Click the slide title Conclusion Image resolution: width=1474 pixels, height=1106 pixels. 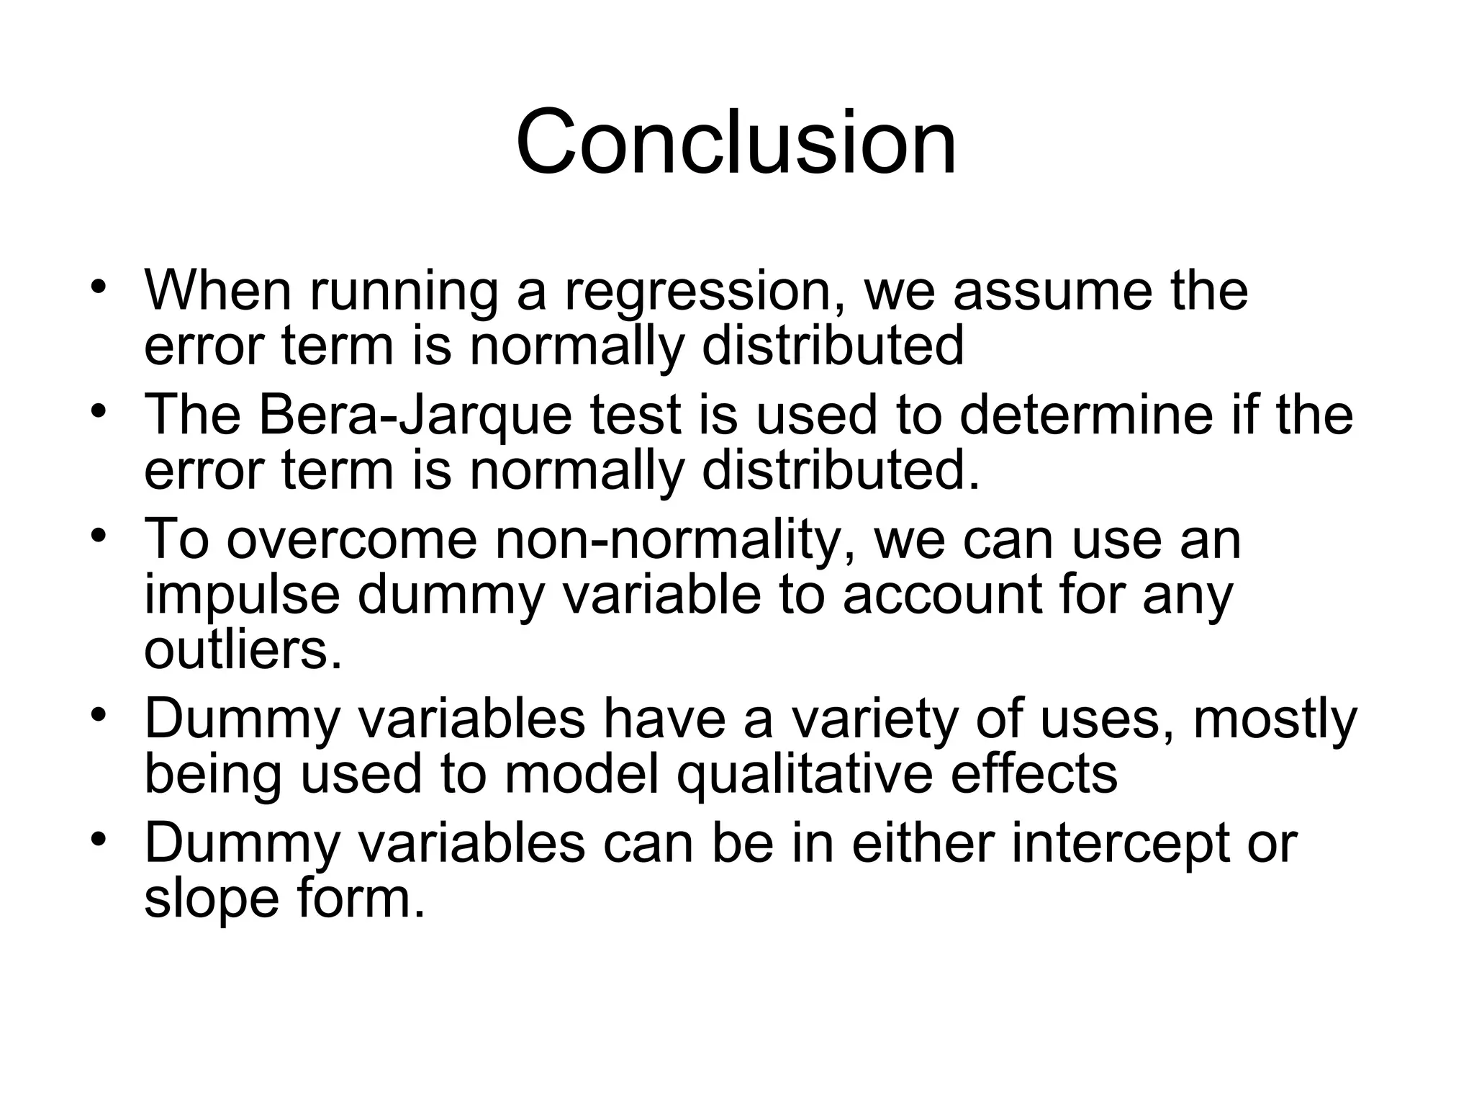pyautogui.click(x=736, y=142)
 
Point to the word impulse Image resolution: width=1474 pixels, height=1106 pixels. pyautogui.click(x=242, y=596)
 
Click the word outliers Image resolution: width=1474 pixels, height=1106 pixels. pyautogui.click(x=243, y=649)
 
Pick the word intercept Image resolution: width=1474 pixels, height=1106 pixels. pyautogui.click(x=1119, y=844)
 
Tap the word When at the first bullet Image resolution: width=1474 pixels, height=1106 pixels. pyautogui.click(x=218, y=291)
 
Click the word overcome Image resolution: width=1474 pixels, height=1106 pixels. pyautogui.click(x=352, y=540)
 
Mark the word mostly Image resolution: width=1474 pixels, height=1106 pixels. pyautogui.click(x=1275, y=720)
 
